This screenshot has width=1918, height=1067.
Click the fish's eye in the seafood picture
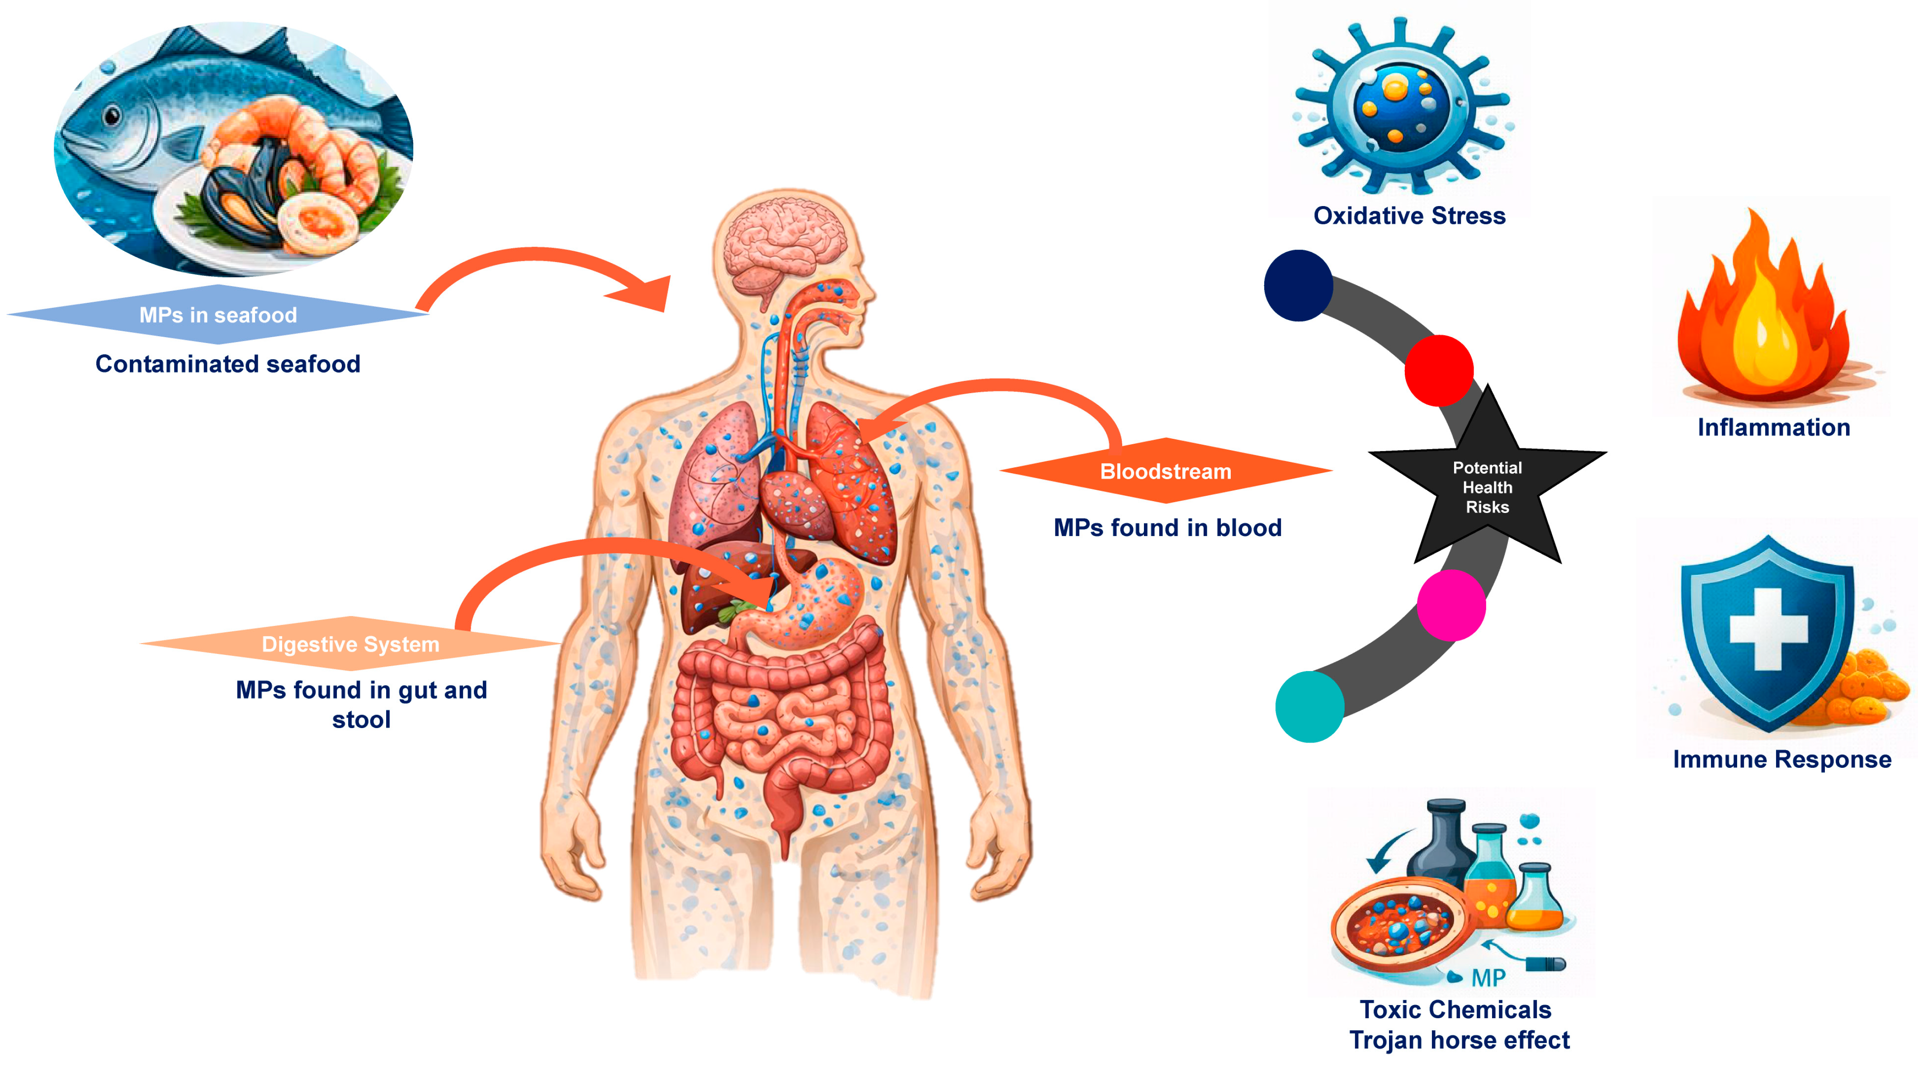113,115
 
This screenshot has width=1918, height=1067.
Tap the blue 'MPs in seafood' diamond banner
218,315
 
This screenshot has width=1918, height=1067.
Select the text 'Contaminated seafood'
228,364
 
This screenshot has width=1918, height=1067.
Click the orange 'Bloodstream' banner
1166,471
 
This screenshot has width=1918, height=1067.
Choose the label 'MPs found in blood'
1167,527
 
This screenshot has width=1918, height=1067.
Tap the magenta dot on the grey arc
1451,606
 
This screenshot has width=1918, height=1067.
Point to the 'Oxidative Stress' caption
1409,216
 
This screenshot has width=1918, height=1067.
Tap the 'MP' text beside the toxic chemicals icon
1488,978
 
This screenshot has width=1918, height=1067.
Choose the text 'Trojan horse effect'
1460,1039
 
